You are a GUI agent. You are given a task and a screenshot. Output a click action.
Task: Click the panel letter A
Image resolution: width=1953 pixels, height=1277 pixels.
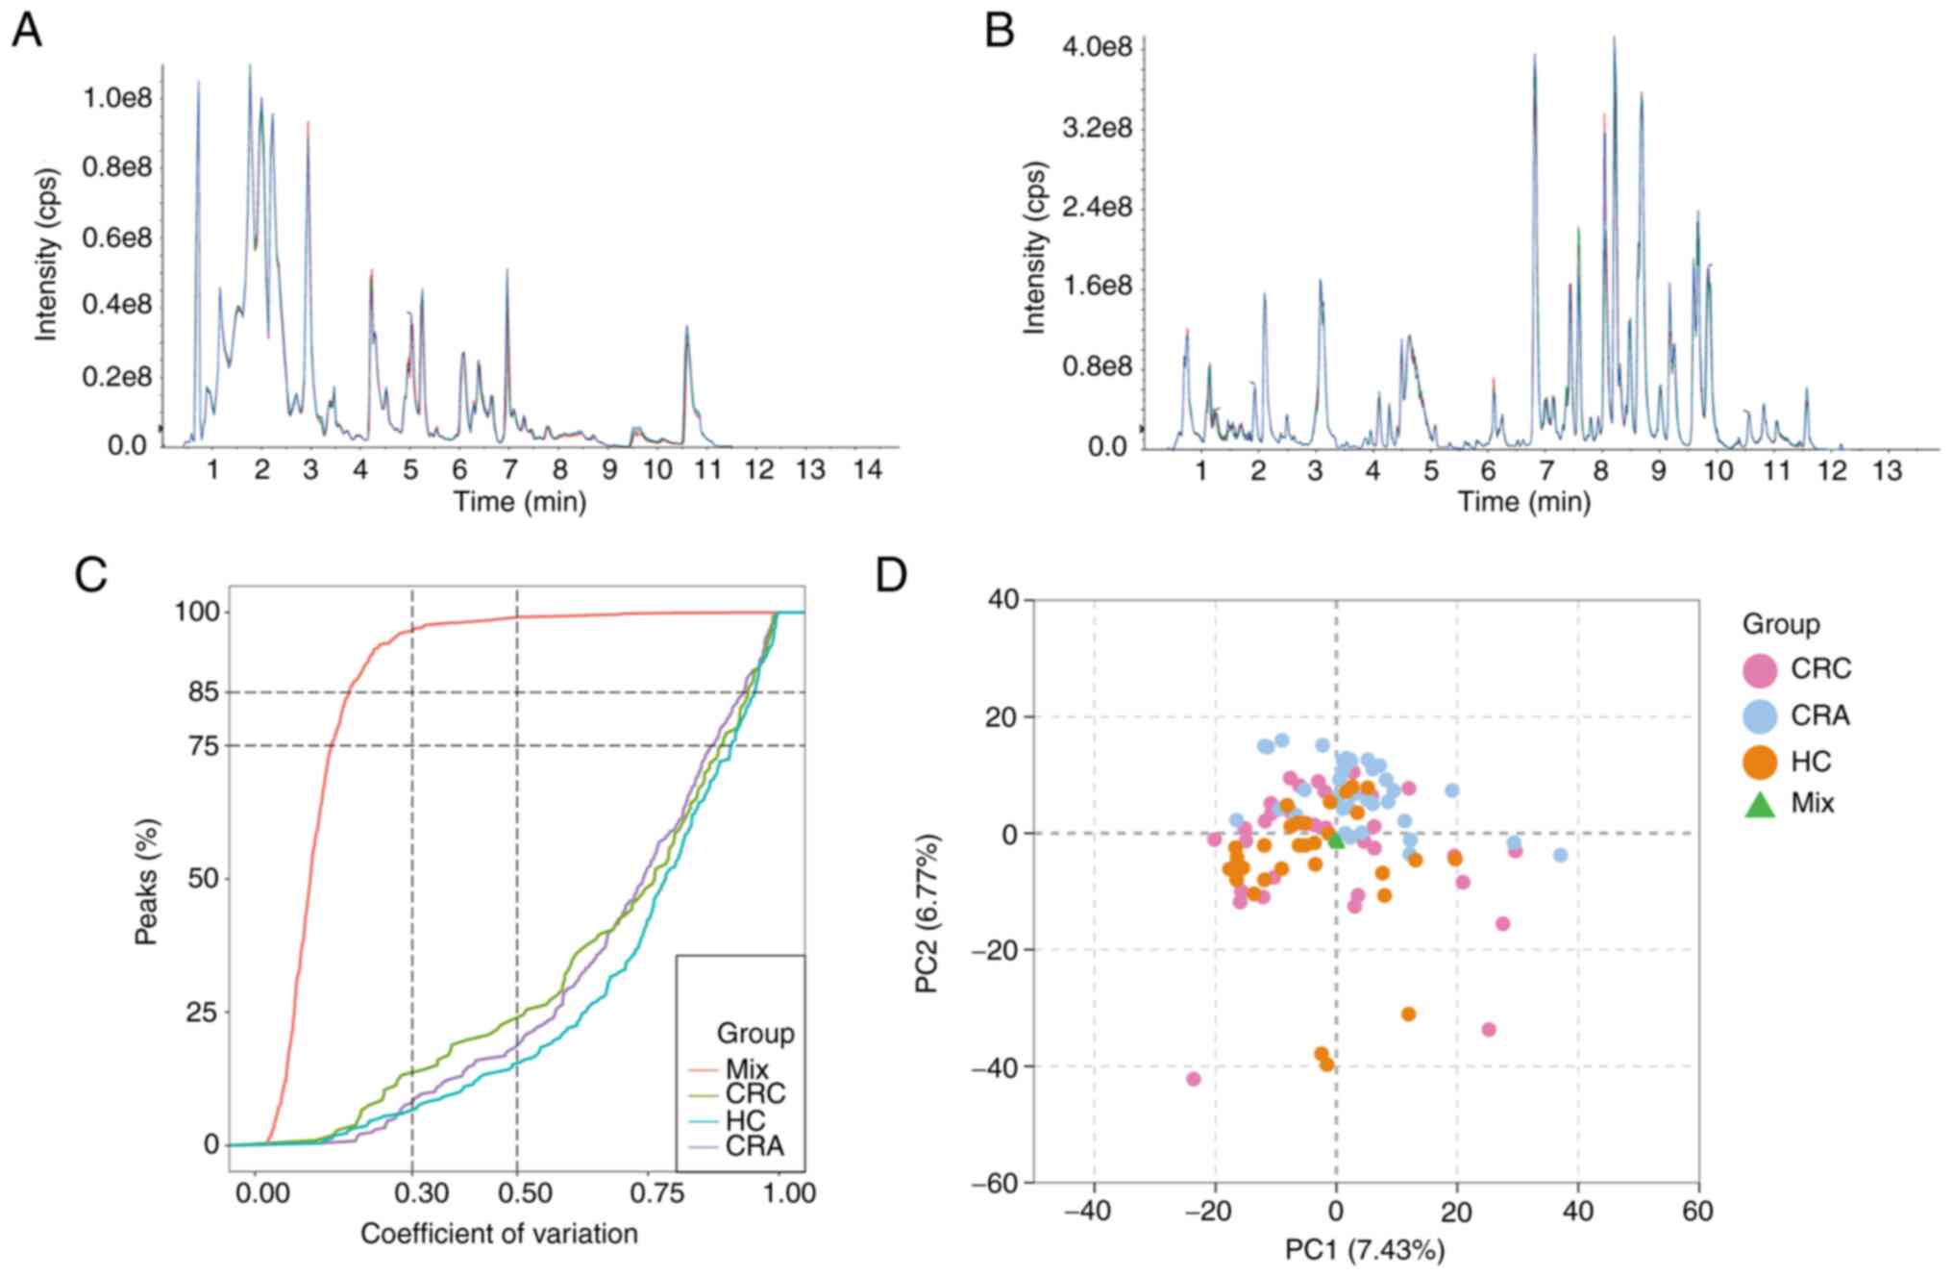pyautogui.click(x=26, y=32)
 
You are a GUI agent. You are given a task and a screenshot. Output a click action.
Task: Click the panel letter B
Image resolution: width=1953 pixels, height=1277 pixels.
pyautogui.click(x=1000, y=32)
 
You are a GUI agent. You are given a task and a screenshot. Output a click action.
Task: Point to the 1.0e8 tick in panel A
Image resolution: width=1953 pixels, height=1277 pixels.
pyautogui.click(x=116, y=97)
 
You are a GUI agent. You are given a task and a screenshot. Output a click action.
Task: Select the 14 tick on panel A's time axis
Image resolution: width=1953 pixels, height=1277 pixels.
pyautogui.click(x=868, y=470)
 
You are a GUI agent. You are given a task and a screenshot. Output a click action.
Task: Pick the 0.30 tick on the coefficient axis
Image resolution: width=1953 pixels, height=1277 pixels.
pyautogui.click(x=422, y=1193)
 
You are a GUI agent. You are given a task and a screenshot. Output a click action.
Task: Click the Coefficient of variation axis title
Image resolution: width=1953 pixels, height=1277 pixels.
pyautogui.click(x=499, y=1234)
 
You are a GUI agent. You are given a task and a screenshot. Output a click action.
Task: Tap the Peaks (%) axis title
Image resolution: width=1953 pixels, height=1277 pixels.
pyautogui.click(x=146, y=881)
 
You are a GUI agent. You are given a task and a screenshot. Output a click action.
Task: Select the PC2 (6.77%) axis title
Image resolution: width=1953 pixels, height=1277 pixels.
pyautogui.click(x=928, y=914)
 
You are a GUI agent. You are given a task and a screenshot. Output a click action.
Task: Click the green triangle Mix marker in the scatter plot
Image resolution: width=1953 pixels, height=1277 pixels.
pyautogui.click(x=1335, y=839)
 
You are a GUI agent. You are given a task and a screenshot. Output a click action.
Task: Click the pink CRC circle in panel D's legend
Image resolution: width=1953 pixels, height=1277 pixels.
pyautogui.click(x=1760, y=669)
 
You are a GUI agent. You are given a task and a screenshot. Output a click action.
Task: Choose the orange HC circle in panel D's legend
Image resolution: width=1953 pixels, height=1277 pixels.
pyautogui.click(x=1760, y=762)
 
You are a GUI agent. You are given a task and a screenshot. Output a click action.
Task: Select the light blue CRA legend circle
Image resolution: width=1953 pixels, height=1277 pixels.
pyautogui.click(x=1760, y=715)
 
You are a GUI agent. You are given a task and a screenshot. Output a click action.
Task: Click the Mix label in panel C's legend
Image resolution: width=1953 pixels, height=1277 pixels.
pyautogui.click(x=747, y=1069)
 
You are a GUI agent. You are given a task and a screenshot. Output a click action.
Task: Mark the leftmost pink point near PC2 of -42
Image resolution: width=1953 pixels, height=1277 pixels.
pyautogui.click(x=1193, y=1079)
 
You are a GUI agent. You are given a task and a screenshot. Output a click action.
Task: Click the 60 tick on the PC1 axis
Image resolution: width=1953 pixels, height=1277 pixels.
pyautogui.click(x=1698, y=1211)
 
